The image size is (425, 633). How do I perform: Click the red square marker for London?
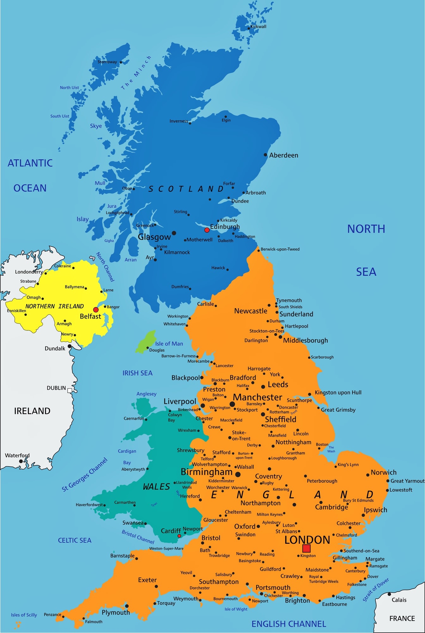click(306, 548)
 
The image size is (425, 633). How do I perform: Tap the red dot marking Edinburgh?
click(207, 230)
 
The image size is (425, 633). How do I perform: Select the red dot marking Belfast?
click(96, 310)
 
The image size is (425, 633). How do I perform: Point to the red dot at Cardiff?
click(179, 536)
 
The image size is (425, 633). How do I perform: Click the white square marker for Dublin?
click(70, 391)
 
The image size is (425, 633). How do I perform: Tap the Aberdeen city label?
click(284, 155)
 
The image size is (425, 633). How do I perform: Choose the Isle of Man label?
click(169, 344)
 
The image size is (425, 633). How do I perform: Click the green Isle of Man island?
click(145, 342)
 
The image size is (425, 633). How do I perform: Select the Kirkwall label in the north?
click(258, 27)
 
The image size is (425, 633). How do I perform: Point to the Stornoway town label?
click(107, 62)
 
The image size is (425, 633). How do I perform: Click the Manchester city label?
click(257, 397)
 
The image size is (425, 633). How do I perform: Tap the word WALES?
click(157, 487)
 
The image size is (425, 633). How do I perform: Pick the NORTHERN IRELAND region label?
click(55, 306)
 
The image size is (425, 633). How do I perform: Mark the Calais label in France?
click(399, 600)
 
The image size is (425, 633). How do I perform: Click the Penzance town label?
click(52, 615)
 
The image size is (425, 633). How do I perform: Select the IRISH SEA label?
click(138, 373)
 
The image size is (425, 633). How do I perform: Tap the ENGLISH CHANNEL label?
click(289, 624)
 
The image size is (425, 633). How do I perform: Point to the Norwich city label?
click(384, 473)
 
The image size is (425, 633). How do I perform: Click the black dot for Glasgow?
click(174, 233)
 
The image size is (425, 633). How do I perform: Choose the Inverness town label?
click(179, 121)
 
